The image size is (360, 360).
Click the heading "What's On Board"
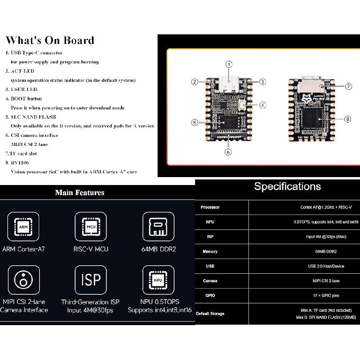[50, 40]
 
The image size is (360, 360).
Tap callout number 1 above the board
[228, 64]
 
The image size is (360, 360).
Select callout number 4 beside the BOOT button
[262, 105]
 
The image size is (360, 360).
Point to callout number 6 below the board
[228, 152]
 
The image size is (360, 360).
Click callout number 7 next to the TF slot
[348, 86]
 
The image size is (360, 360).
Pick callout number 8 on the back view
[347, 119]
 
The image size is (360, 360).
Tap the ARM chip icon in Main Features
[23, 226]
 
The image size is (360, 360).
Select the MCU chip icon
[90, 226]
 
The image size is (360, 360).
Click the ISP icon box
[90, 280]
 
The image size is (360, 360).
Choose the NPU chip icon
[158, 280]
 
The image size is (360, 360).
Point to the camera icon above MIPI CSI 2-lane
[23, 280]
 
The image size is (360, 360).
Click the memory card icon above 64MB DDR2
[158, 226]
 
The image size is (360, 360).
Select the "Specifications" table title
[287, 186]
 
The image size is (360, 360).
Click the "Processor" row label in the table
[210, 207]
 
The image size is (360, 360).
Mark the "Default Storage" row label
[210, 313]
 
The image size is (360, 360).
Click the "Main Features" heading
[79, 192]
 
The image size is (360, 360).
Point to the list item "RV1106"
[21, 163]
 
